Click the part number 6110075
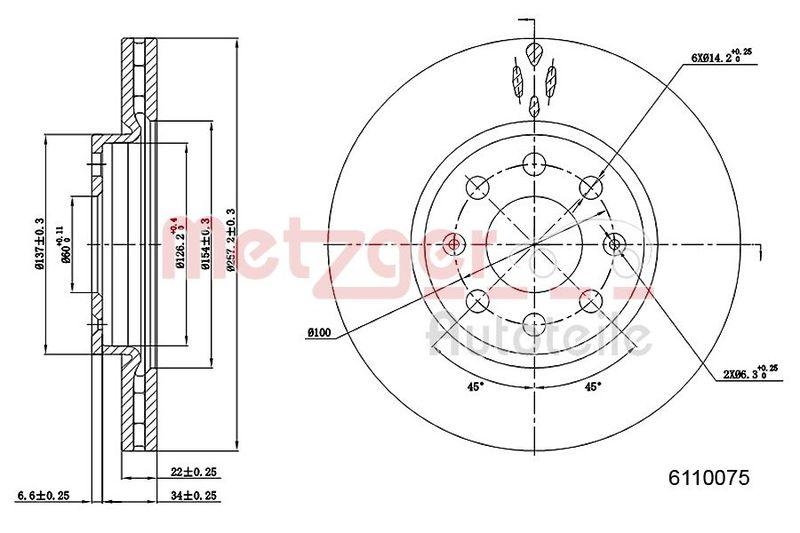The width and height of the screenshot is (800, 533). click(708, 479)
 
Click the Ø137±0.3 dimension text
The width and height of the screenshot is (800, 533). click(40, 243)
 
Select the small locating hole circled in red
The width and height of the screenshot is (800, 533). click(455, 243)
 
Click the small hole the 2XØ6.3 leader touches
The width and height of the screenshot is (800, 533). click(615, 242)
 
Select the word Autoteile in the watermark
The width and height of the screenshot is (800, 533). click(540, 333)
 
